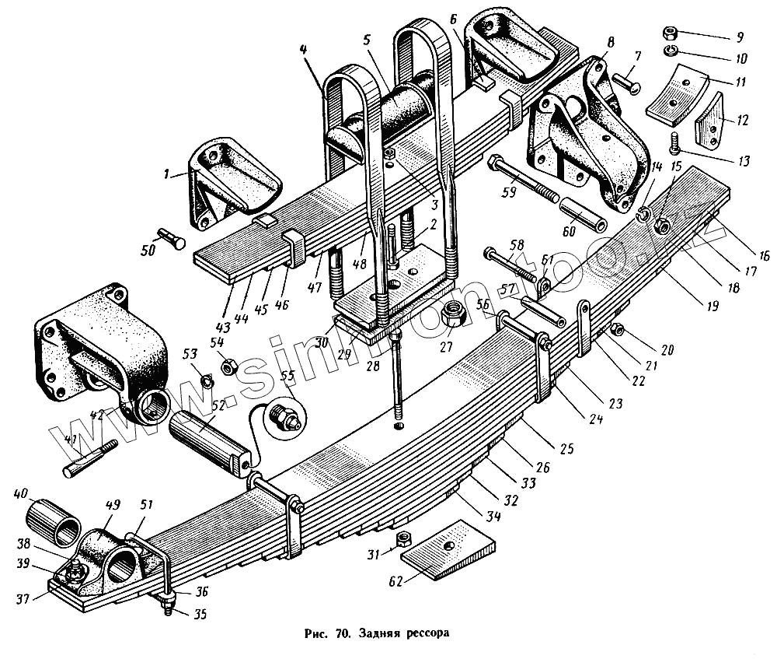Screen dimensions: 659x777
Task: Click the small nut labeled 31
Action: [x=403, y=539]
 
